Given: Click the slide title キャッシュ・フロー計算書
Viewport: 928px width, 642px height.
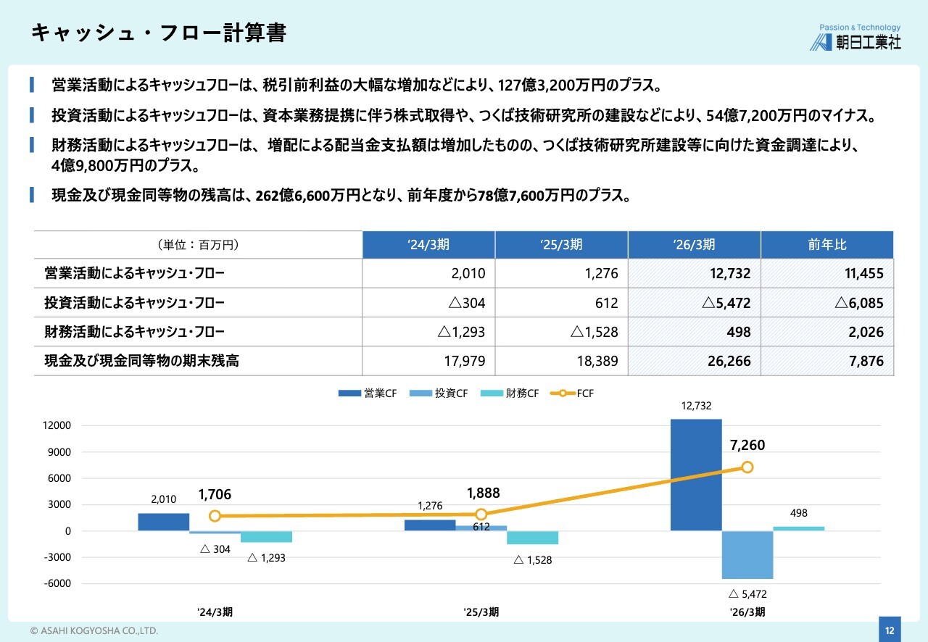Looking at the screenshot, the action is point(159,33).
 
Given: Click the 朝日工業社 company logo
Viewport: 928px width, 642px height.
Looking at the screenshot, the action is point(855,38).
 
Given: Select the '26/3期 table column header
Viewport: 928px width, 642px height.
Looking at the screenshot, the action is point(694,245).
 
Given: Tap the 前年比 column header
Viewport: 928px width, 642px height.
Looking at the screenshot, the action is point(827,245).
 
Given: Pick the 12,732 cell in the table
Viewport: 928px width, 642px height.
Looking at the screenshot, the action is point(730,273).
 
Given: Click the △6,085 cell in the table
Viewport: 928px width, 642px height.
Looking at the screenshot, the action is point(859,303).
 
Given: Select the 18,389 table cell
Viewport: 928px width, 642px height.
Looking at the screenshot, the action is point(597,361).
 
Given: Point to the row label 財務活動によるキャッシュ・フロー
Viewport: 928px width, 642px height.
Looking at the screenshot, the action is point(134,332).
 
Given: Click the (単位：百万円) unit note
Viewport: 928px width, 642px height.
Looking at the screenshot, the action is point(199,245).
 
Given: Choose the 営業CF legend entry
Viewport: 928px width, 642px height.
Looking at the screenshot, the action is point(367,393).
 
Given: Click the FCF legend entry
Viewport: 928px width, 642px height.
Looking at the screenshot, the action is point(572,393).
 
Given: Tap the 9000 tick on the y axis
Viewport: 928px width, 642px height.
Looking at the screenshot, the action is point(59,452).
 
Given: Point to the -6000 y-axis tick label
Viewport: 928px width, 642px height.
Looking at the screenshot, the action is point(57,583).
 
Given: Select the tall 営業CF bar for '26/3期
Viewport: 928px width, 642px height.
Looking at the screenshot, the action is point(696,475).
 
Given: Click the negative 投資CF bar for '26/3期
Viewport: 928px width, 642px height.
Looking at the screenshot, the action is point(747,554).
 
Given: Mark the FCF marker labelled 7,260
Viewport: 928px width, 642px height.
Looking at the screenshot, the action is point(747,467).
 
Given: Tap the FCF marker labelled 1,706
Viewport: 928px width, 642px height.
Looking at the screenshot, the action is point(215,516).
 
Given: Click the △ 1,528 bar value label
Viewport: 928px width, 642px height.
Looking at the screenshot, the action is point(533,560).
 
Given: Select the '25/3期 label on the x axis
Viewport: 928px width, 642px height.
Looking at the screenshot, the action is point(481,612).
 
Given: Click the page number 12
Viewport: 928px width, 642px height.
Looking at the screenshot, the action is point(890,630).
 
